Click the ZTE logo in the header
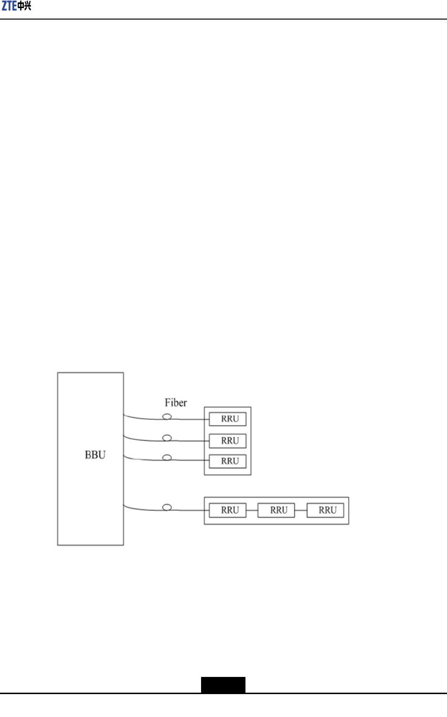point(16,6)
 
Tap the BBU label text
point(95,455)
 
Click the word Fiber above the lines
point(176,403)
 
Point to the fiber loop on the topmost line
point(167,416)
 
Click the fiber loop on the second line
point(167,437)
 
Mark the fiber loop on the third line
point(167,457)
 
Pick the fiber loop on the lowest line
point(167,507)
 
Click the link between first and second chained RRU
point(252,510)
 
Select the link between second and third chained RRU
point(301,510)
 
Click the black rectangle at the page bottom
point(223,685)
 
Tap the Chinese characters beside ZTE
point(24,6)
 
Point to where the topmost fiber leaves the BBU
point(124,415)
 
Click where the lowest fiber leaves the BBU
point(124,505)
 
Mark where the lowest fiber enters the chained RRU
point(209,510)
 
